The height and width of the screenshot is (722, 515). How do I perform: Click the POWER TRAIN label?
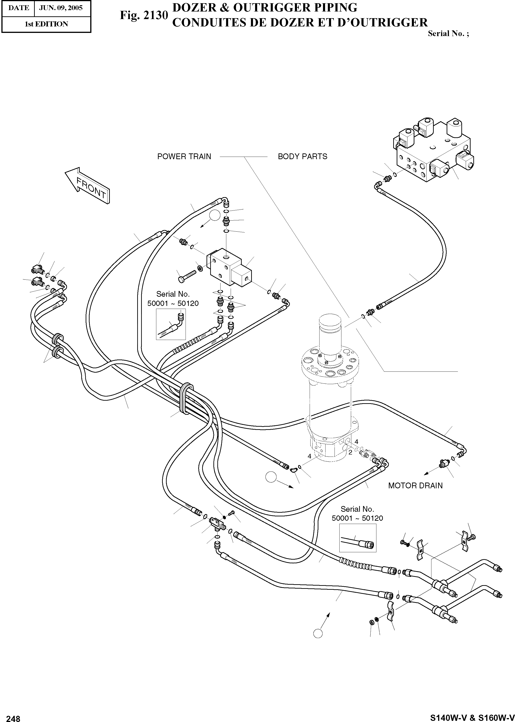184,156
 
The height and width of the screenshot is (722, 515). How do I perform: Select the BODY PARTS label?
302,156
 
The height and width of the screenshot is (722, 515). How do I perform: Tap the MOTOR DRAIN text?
415,486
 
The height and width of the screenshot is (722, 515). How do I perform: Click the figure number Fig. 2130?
144,15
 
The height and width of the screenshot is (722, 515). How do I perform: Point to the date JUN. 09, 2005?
61,8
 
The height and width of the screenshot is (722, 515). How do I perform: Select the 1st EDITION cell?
46,24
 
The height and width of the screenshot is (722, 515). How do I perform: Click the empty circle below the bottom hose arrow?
318,634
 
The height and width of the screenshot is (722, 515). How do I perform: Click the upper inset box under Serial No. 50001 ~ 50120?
171,324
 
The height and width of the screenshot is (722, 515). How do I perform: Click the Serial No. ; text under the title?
448,34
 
